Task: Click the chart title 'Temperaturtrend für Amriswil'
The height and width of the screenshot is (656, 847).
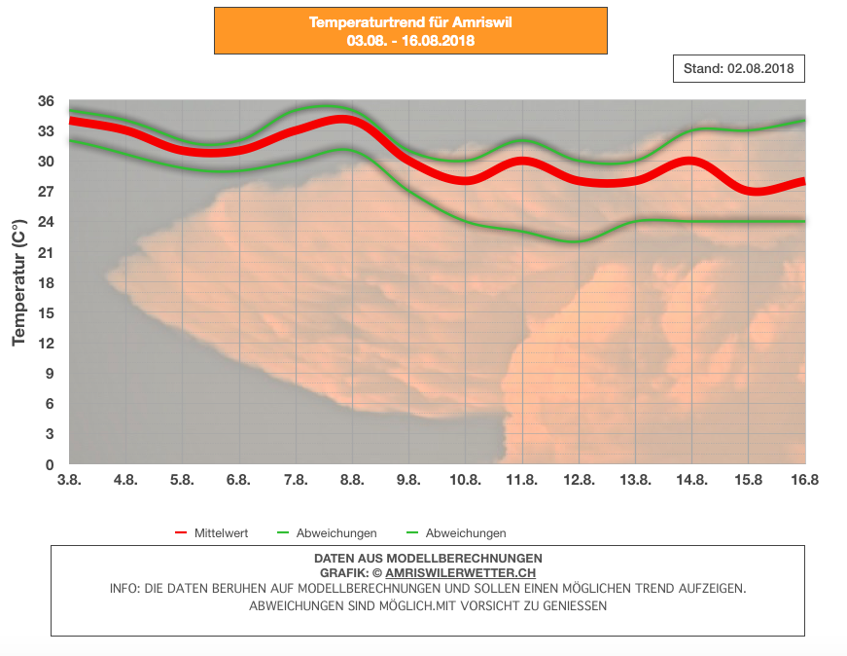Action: (x=410, y=21)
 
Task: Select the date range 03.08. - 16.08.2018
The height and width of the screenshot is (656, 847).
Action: (x=410, y=40)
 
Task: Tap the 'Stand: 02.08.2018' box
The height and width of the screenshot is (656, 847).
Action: (x=739, y=69)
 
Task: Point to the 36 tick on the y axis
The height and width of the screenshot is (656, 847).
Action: (x=46, y=101)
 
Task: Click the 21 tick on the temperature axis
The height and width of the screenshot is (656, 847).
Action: (x=46, y=253)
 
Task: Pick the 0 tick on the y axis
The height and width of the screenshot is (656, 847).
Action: (x=50, y=465)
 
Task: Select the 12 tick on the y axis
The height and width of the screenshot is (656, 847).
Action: (x=46, y=344)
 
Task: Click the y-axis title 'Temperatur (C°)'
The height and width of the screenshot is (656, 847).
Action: (x=18, y=283)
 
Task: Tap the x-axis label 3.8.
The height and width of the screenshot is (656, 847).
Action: (x=69, y=480)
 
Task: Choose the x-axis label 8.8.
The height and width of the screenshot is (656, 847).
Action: (x=352, y=480)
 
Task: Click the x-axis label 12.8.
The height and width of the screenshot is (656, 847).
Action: (x=579, y=480)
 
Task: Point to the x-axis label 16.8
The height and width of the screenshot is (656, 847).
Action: (x=804, y=480)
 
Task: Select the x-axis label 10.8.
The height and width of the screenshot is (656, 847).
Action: (x=465, y=480)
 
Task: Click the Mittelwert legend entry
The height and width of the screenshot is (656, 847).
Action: (x=221, y=533)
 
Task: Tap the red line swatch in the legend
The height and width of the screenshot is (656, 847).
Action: (x=181, y=533)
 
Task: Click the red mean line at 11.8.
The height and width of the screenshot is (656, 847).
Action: (x=522, y=162)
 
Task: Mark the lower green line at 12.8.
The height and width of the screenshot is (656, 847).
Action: (x=579, y=241)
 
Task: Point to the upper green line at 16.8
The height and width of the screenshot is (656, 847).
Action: (x=803, y=121)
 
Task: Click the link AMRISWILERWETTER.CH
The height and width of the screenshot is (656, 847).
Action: (x=460, y=573)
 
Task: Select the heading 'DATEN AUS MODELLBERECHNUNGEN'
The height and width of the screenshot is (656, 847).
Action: (x=428, y=558)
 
